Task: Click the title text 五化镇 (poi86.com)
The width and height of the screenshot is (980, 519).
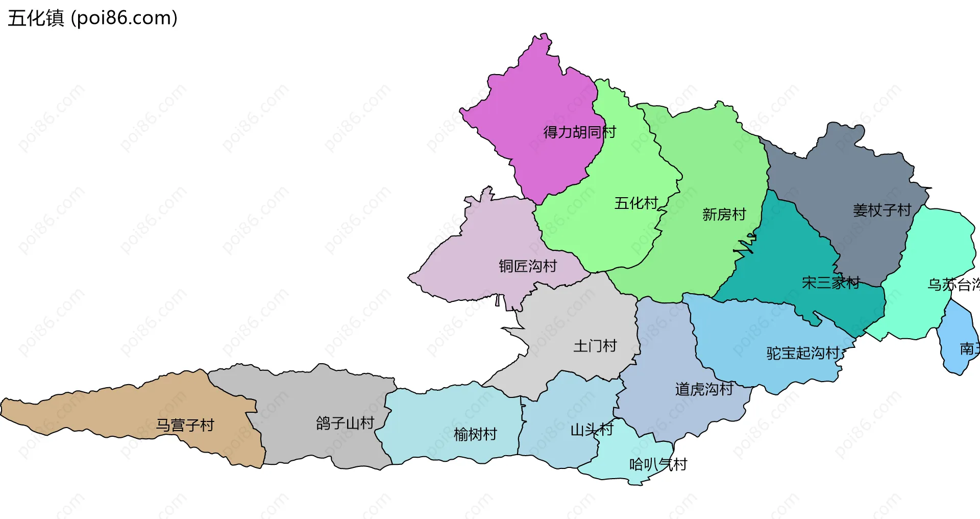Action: [x=92, y=18]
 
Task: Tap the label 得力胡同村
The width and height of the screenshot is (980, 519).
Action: [x=579, y=132]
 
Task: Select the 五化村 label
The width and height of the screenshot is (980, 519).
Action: [x=636, y=203]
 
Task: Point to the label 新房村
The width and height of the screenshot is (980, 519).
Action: [x=724, y=215]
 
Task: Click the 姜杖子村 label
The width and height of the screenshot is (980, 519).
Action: [x=881, y=210]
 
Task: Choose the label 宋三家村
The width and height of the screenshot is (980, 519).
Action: [x=830, y=282]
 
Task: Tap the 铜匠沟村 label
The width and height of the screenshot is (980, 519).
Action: [x=527, y=266]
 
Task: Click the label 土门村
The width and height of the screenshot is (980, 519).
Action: [x=595, y=346]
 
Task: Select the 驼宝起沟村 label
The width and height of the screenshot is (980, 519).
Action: [x=803, y=353]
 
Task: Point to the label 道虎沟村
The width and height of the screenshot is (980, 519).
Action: [x=704, y=389]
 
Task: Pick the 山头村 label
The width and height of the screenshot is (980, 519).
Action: [x=592, y=430]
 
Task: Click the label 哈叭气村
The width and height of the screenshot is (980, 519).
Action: [x=658, y=464]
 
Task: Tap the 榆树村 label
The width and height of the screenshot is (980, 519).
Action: [x=475, y=435]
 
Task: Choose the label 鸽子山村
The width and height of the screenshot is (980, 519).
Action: [x=345, y=423]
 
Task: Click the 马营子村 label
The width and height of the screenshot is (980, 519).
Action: [x=185, y=426]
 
